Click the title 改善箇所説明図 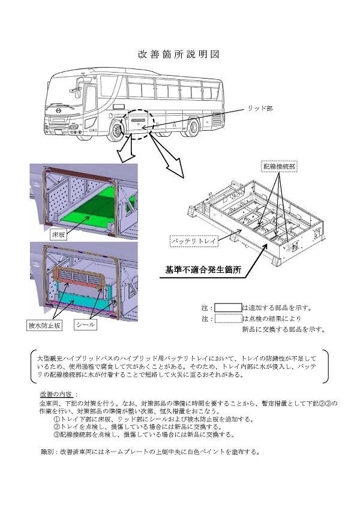[x=179, y=54]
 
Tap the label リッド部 [x=260, y=109]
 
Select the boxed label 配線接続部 [x=278, y=164]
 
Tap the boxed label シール [x=85, y=326]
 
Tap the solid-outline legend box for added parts [x=228, y=308]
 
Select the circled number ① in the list [x=56, y=419]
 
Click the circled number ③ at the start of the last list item [x=56, y=434]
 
